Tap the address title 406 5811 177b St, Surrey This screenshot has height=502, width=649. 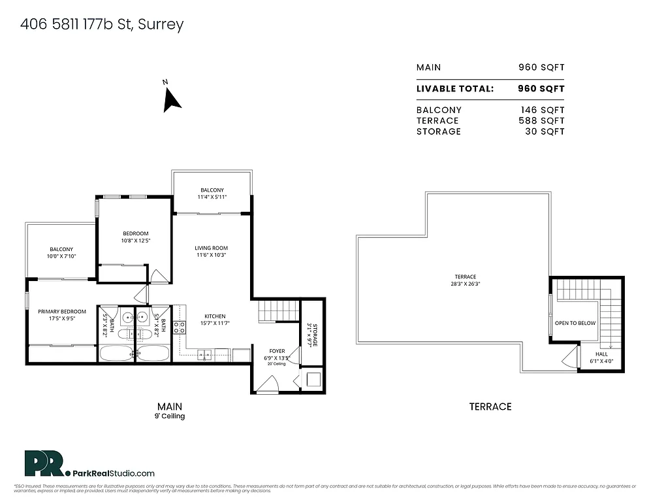click(102, 25)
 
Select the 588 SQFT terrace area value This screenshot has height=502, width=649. click(542, 120)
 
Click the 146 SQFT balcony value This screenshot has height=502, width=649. click(542, 110)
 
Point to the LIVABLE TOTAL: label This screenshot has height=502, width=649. click(455, 88)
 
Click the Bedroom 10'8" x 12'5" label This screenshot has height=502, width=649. click(136, 237)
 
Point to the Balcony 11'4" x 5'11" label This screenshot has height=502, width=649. click(212, 193)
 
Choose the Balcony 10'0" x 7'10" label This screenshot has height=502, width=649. click(61, 252)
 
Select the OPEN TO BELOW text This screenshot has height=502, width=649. click(575, 323)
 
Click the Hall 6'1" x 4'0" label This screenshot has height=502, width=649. click(601, 357)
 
